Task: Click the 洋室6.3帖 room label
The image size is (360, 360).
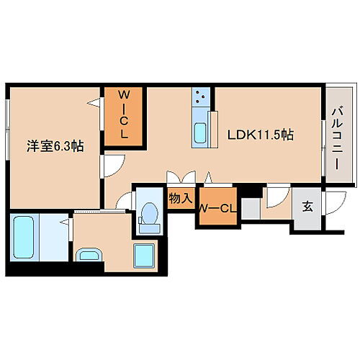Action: tap(53, 145)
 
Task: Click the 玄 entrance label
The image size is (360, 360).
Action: tap(307, 207)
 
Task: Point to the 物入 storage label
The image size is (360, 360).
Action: tap(179, 199)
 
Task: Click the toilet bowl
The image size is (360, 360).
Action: tap(150, 214)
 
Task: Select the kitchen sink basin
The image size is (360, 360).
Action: tap(201, 132)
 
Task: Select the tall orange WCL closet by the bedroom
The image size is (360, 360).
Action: tap(124, 118)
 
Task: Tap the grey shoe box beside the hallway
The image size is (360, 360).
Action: tap(250, 209)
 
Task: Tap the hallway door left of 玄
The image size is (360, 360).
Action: tap(276, 197)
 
